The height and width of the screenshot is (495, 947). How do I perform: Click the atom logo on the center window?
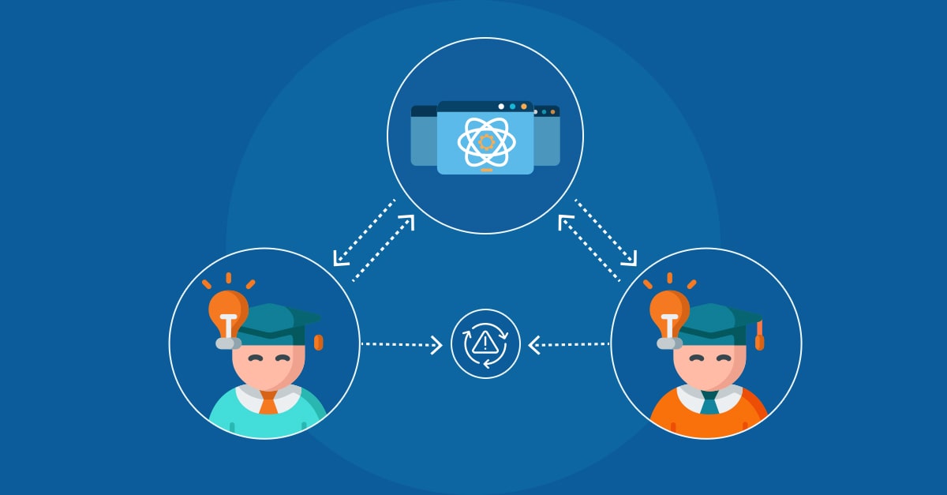coord(485,141)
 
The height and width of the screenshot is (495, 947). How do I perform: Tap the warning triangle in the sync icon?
coord(485,343)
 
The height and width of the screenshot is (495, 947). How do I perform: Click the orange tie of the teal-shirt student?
coord(268,402)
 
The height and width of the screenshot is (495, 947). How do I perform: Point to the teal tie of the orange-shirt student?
coord(709,402)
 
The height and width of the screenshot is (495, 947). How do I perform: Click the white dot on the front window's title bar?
coord(501,107)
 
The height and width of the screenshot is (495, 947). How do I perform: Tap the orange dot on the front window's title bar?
coord(523,107)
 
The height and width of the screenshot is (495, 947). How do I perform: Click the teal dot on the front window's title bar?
coord(512,107)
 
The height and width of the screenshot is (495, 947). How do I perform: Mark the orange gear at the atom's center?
coord(486,141)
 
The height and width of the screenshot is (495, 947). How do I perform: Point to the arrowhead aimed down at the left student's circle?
coord(339,258)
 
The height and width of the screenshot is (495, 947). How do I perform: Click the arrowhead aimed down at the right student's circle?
coord(631,258)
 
